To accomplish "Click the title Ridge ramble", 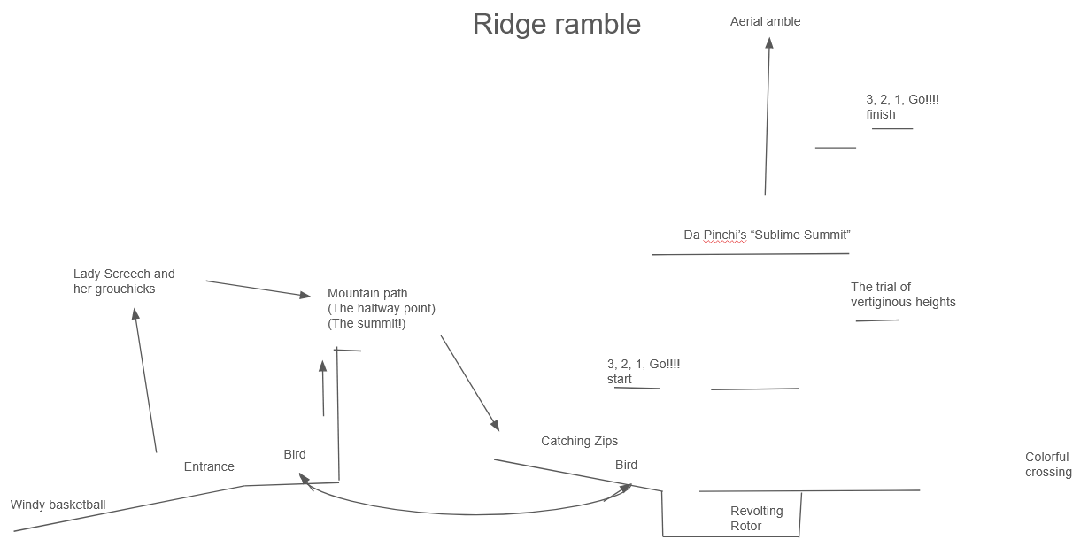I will click(x=556, y=24).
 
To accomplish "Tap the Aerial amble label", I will click(x=765, y=21).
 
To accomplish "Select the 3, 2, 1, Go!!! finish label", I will click(x=902, y=107).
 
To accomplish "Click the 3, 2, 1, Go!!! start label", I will click(x=643, y=372).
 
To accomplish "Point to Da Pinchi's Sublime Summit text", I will click(x=767, y=235).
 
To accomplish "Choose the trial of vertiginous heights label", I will click(x=902, y=295).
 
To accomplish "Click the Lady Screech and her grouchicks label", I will click(x=124, y=281).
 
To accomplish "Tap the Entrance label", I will click(x=209, y=466).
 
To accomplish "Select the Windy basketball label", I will click(x=58, y=505).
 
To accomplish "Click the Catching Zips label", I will click(x=579, y=441).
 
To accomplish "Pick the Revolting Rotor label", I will click(x=756, y=519).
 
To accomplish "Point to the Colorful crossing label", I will click(x=1047, y=465).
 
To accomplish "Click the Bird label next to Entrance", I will click(x=295, y=454).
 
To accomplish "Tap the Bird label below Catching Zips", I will click(x=626, y=465).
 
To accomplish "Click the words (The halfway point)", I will click(x=382, y=308).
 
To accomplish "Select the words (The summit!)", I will click(x=367, y=323).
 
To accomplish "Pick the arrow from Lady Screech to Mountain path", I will click(x=258, y=289).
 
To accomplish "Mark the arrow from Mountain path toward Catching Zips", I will click(x=470, y=382).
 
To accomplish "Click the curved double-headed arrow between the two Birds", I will click(x=469, y=513).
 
